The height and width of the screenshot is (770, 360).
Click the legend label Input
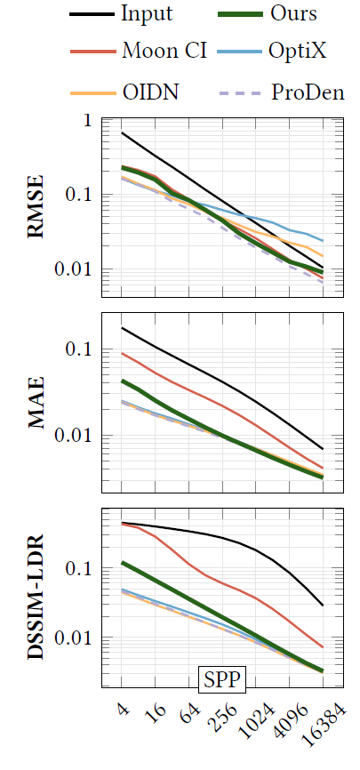tap(147, 13)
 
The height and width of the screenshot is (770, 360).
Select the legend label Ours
tap(294, 13)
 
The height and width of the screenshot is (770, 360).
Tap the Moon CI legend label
tap(164, 50)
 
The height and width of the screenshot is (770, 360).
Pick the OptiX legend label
tap(298, 50)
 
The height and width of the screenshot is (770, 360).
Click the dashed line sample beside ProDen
tap(241, 92)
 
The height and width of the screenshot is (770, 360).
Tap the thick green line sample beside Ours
tap(241, 13)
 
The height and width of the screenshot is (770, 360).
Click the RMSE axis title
tap(36, 207)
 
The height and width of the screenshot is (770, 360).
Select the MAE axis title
tap(36, 403)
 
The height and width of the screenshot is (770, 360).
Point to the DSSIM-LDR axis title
tap(36, 596)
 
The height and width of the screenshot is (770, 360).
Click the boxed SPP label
tap(222, 679)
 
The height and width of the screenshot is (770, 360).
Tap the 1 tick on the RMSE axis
tap(88, 121)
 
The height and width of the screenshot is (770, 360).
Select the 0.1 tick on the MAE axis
tap(79, 349)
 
